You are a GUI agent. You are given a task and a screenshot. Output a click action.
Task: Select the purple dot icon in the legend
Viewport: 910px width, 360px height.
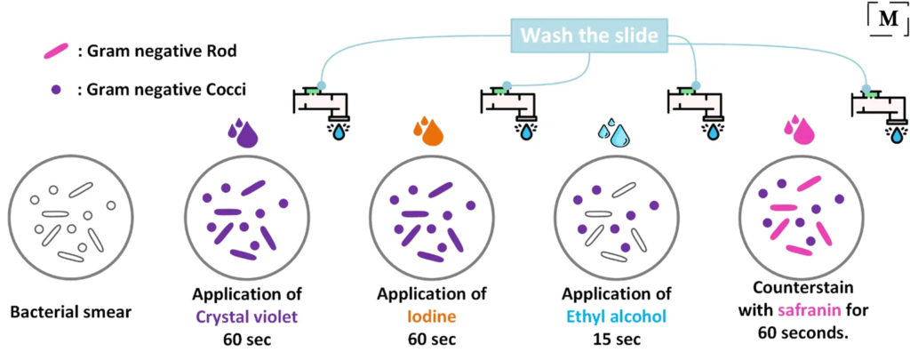(58, 90)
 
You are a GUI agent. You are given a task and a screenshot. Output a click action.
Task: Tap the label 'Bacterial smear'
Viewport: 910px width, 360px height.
(70, 312)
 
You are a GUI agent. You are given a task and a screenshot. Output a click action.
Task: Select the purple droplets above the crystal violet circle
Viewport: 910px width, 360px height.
(243, 132)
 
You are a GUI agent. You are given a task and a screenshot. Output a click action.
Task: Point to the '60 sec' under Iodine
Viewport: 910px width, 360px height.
(431, 338)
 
